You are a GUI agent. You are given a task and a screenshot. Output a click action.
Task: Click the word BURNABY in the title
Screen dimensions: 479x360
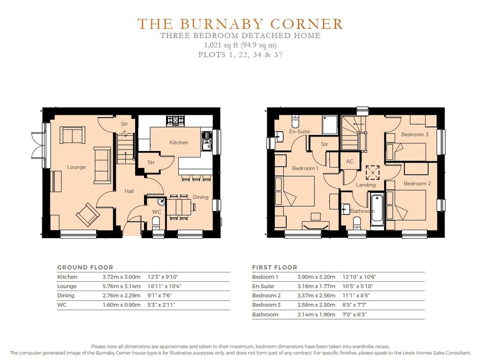click(221, 24)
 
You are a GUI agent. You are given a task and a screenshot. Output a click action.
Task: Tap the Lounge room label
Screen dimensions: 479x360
click(76, 167)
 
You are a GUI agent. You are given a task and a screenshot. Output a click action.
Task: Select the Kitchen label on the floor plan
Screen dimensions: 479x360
click(179, 142)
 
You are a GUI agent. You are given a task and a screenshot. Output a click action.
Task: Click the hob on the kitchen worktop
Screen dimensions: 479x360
click(175, 120)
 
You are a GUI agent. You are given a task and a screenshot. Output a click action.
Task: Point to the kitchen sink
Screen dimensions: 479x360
click(207, 141)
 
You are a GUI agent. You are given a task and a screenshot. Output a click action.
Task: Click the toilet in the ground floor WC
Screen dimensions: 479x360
click(156, 223)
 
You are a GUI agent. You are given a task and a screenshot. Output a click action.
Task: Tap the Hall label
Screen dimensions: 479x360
click(129, 191)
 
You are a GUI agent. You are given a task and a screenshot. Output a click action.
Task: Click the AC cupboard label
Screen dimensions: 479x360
click(350, 161)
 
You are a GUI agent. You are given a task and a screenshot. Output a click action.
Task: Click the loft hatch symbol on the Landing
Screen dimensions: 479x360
click(373, 172)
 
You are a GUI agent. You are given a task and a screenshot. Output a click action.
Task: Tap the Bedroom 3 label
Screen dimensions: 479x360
click(415, 135)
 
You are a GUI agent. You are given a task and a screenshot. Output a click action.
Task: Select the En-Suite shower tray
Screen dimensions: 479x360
click(330, 125)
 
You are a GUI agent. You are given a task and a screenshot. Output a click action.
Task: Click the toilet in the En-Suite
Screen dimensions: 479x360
click(296, 121)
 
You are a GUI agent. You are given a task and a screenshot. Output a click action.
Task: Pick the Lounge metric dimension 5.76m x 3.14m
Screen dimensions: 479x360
click(122, 286)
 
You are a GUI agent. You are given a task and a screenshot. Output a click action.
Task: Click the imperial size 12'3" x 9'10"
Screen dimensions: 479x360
click(163, 277)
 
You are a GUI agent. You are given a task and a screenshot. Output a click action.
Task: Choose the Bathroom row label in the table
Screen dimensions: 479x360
click(265, 315)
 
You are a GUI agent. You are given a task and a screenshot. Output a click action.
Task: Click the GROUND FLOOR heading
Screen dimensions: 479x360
click(85, 268)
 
